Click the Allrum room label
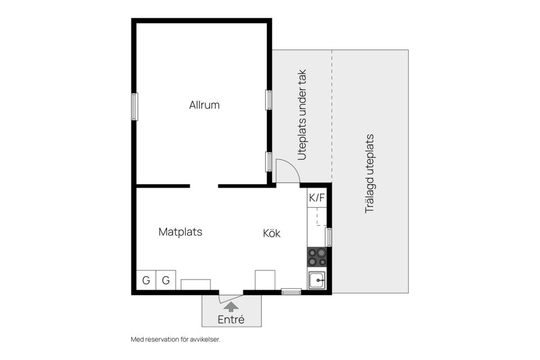pyautogui.click(x=204, y=105)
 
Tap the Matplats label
pyautogui.click(x=180, y=232)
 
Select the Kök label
pyautogui.click(x=272, y=233)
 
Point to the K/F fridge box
pyautogui.click(x=317, y=198)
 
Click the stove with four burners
pyautogui.click(x=317, y=257)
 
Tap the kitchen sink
pyautogui.click(x=317, y=280)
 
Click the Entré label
pyautogui.click(x=231, y=319)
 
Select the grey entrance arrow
pyautogui.click(x=231, y=307)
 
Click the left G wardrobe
pyautogui.click(x=146, y=280)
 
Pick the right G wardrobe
pyautogui.click(x=166, y=280)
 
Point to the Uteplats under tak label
pyautogui.click(x=301, y=115)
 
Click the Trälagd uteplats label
pyautogui.click(x=369, y=174)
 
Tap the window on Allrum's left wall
pyautogui.click(x=134, y=107)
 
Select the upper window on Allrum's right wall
pyautogui.click(x=269, y=100)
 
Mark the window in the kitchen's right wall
pyautogui.click(x=329, y=237)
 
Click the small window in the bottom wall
pyautogui.click(x=291, y=292)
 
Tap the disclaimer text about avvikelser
pyautogui.click(x=175, y=339)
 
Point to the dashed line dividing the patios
pyautogui.click(x=332, y=116)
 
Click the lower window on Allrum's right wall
pyautogui.click(x=269, y=161)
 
